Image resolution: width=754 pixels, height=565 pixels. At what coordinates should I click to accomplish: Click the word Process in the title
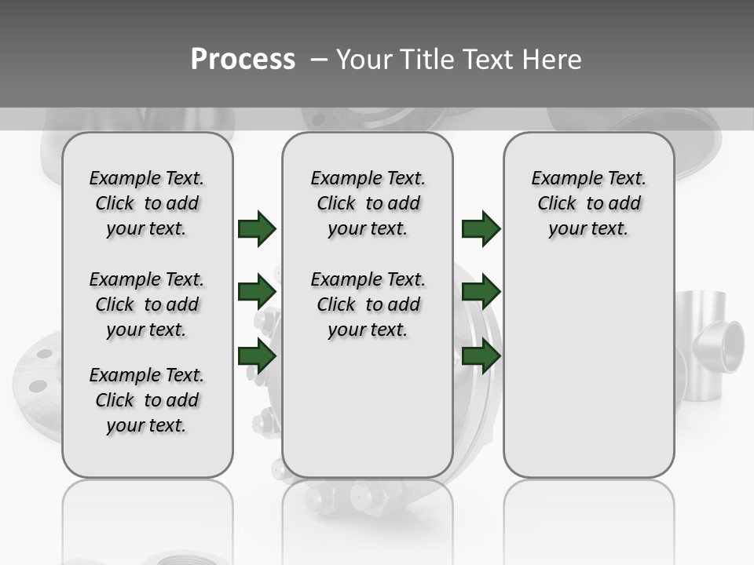coord(243,59)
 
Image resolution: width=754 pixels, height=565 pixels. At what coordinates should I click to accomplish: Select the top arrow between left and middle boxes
coord(256,228)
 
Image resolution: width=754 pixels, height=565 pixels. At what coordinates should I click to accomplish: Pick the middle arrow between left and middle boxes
coord(256,293)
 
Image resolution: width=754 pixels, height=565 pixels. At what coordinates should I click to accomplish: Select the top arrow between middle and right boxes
coord(481,228)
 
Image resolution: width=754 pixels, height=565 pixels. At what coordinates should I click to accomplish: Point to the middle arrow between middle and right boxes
coord(481,293)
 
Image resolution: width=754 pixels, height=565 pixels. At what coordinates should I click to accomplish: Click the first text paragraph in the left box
coord(147,203)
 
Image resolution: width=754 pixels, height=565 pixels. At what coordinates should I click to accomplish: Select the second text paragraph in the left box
coord(147,304)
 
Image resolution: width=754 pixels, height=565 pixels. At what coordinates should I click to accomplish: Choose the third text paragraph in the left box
coord(147,400)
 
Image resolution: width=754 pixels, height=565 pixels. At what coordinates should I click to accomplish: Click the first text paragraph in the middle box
coord(368,203)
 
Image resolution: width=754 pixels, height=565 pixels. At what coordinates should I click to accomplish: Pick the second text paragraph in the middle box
coord(368,304)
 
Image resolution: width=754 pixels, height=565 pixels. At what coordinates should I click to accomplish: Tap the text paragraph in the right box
coord(588,203)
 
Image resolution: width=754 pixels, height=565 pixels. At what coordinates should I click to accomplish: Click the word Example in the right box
coord(561,178)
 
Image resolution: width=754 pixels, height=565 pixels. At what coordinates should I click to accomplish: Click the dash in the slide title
coord(320,59)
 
